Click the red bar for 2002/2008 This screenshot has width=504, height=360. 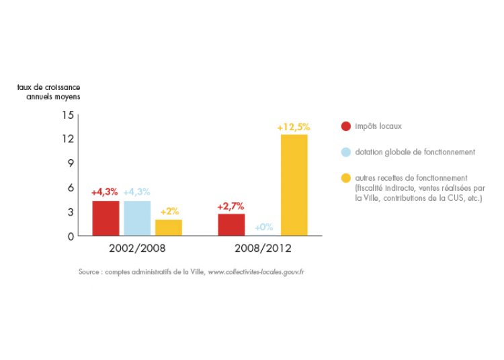tap(106, 218)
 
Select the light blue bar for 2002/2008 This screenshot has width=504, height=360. tap(137, 218)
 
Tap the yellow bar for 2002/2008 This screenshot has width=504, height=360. tap(169, 228)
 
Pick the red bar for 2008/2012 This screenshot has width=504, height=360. tap(231, 224)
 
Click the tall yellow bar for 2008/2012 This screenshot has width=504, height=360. tap(294, 185)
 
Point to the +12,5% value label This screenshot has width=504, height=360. tap(294, 127)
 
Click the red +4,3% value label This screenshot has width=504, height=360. tap(105, 193)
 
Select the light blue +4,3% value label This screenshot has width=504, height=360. tap(137, 193)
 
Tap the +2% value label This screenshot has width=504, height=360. tap(169, 212)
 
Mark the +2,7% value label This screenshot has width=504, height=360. tap(231, 206)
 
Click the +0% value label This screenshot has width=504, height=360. tap(263, 228)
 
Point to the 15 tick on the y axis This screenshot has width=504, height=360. tap(67, 115)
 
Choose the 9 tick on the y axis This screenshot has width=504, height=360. tap(70, 163)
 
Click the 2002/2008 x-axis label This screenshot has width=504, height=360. tap(137, 249)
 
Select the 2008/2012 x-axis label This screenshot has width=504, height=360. tap(263, 249)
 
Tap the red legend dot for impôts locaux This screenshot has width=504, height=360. tap(346, 126)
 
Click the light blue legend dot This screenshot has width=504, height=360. tap(346, 152)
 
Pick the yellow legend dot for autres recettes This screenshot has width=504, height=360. tap(346, 178)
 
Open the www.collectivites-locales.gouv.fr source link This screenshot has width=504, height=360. tap(256, 272)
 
